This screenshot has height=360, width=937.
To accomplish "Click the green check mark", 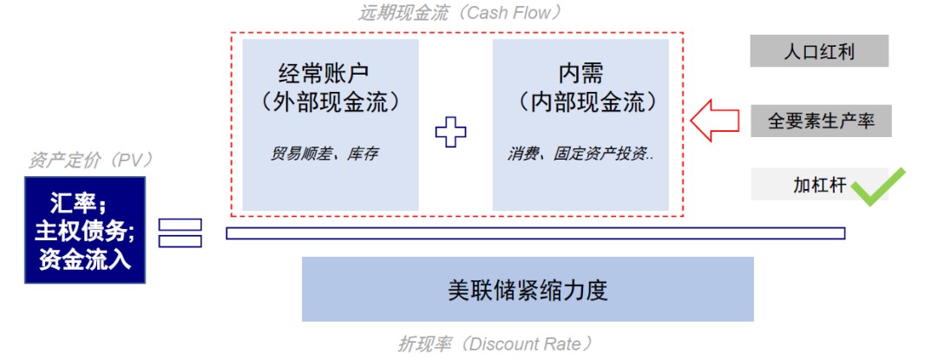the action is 878,187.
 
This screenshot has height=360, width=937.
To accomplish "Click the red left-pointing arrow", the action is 715,121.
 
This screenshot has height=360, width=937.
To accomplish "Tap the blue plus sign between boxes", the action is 450,132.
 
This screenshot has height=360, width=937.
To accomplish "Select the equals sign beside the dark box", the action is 180,232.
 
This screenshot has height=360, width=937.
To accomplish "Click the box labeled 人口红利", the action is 819,50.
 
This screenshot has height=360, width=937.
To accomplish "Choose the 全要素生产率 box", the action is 821,121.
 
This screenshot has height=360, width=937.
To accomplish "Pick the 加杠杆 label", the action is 820,185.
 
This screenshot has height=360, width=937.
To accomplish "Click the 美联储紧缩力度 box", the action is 527,290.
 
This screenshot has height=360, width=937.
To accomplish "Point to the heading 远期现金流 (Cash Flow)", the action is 460,12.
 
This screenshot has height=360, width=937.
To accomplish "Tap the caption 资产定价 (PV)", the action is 91,160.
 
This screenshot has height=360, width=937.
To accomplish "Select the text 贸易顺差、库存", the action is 324,154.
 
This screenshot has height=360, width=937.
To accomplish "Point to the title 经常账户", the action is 324,74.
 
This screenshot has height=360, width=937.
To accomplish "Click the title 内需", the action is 580,74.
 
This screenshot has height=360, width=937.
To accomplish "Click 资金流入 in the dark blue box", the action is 85,259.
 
